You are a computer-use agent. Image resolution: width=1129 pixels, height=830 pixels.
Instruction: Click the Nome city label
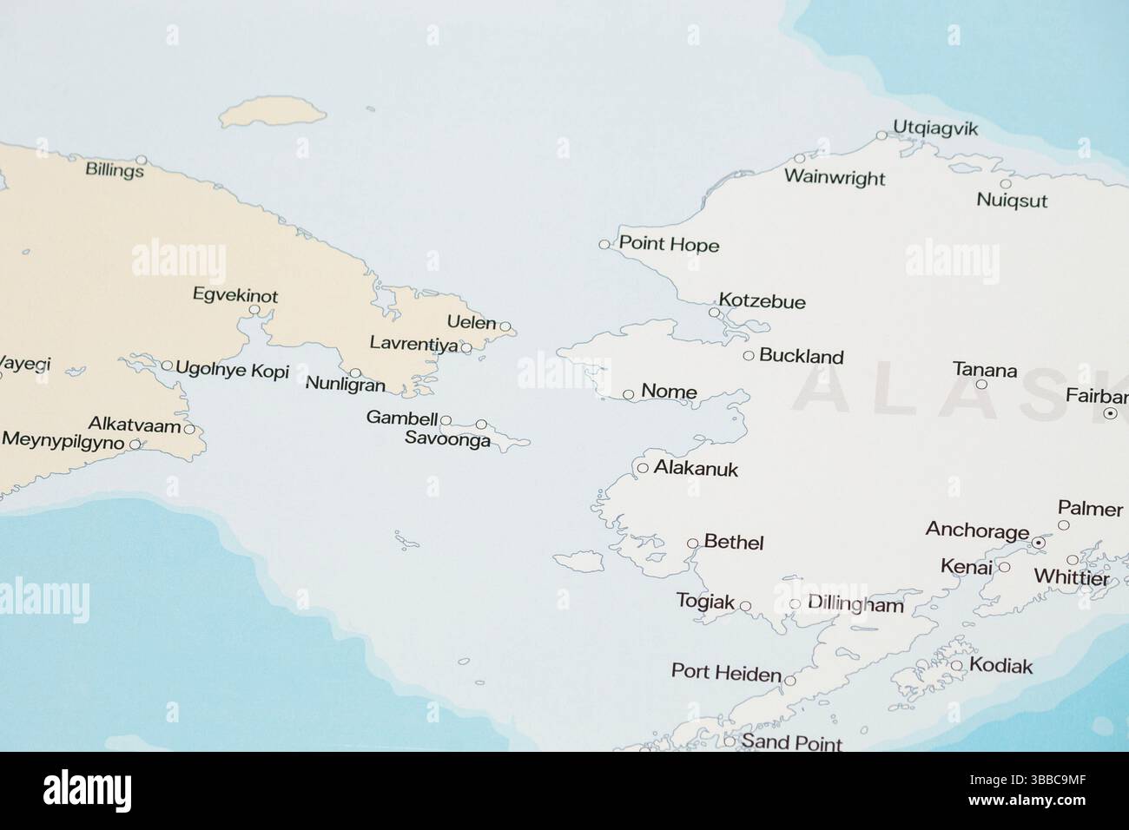pyautogui.click(x=669, y=392)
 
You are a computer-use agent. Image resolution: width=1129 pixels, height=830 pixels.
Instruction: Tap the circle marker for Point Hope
pyautogui.click(x=604, y=245)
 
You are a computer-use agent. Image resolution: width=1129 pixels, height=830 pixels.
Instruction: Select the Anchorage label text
pyautogui.click(x=977, y=530)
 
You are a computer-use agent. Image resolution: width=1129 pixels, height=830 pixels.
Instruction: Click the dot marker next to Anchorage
pyautogui.click(x=1037, y=543)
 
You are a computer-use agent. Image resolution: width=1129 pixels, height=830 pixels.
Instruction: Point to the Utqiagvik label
pyautogui.click(x=934, y=129)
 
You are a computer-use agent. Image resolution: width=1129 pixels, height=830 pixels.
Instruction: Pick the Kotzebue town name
pyautogui.click(x=763, y=302)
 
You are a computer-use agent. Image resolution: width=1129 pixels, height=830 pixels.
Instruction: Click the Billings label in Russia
pyautogui.click(x=115, y=170)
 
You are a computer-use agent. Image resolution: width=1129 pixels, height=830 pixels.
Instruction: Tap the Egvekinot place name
pyautogui.click(x=235, y=296)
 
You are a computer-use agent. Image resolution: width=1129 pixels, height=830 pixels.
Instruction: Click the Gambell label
pyautogui.click(x=401, y=418)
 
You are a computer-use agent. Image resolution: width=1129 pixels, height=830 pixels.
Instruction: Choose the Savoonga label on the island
pyautogui.click(x=447, y=440)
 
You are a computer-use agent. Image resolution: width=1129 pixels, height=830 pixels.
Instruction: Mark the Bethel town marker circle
pyautogui.click(x=692, y=544)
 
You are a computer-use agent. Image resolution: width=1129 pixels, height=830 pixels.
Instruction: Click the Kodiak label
pyautogui.click(x=1000, y=667)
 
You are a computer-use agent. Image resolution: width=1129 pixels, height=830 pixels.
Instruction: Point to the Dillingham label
pyautogui.click(x=855, y=604)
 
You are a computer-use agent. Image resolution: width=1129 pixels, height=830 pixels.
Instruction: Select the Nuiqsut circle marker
pyautogui.click(x=1006, y=184)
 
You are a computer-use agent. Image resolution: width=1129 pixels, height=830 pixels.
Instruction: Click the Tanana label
pyautogui.click(x=985, y=370)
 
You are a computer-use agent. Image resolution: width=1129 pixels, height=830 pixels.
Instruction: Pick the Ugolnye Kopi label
pyautogui.click(x=232, y=369)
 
